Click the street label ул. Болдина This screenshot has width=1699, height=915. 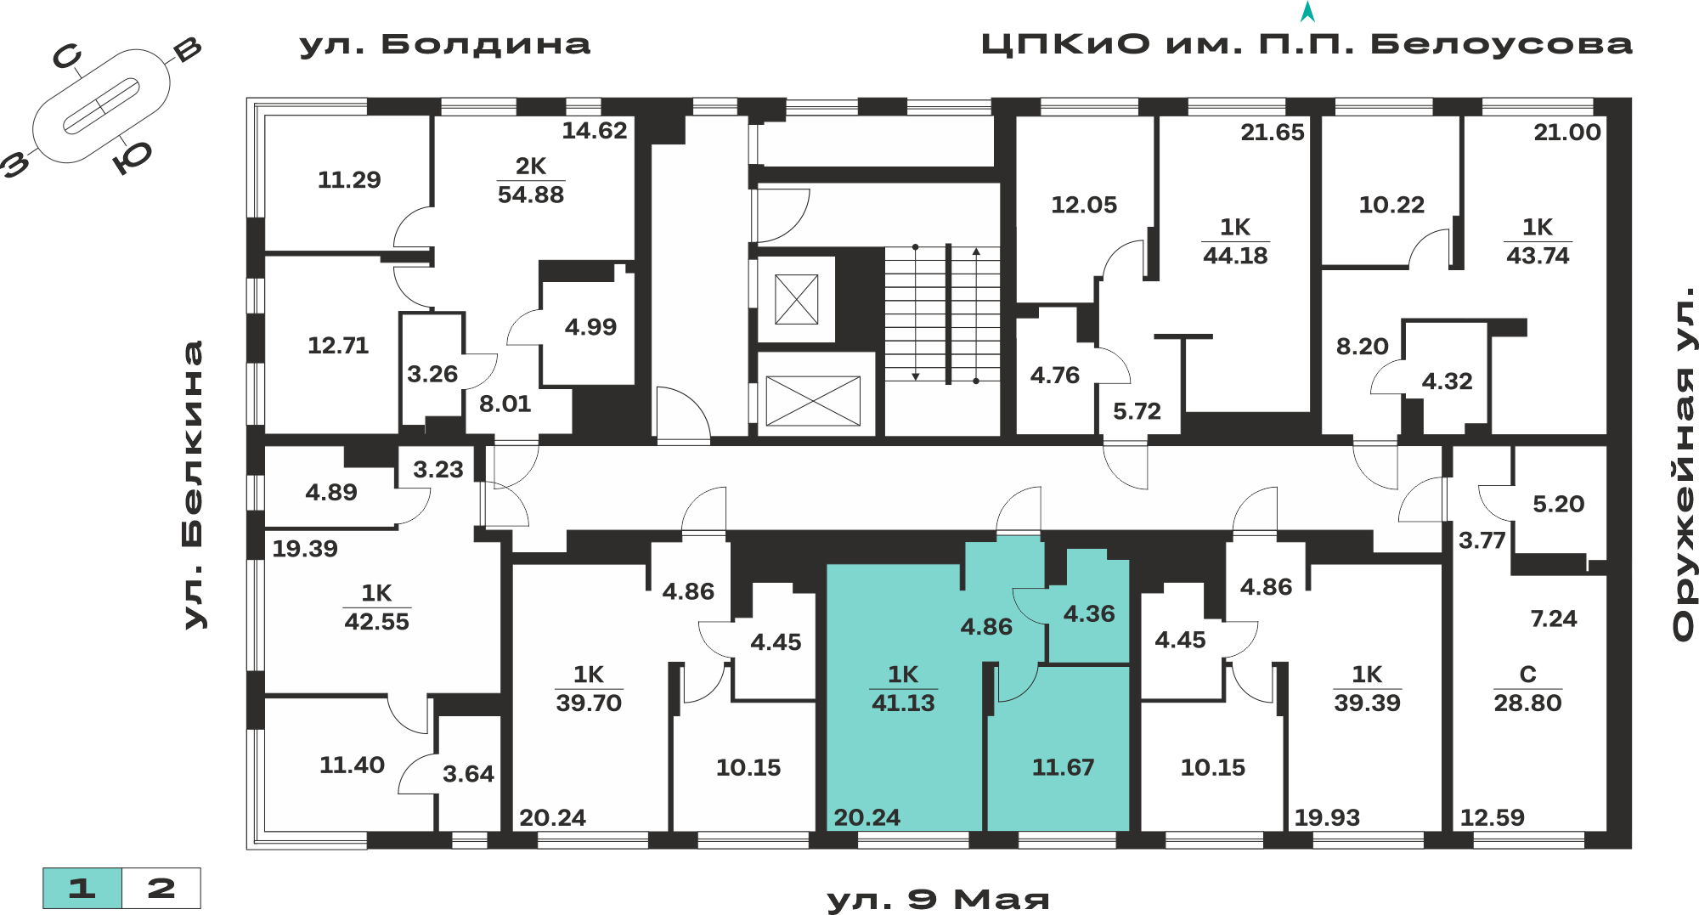pyautogui.click(x=445, y=44)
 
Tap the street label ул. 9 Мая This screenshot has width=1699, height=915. pyautogui.click(x=939, y=899)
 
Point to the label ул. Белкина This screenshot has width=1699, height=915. pyautogui.click(x=195, y=485)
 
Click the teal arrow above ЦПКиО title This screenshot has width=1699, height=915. pyautogui.click(x=1308, y=12)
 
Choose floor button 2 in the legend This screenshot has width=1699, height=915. pyautogui.click(x=161, y=889)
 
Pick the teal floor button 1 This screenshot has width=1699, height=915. pyautogui.click(x=82, y=889)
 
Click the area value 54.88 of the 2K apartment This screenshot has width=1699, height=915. pyautogui.click(x=531, y=195)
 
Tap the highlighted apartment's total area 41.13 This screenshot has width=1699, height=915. pyautogui.click(x=903, y=703)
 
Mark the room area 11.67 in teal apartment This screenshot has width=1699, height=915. pyautogui.click(x=1063, y=767)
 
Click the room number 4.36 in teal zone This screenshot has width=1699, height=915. pyautogui.click(x=1089, y=613)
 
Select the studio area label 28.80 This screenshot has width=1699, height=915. pyautogui.click(x=1527, y=703)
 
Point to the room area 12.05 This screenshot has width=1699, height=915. pyautogui.click(x=1084, y=205)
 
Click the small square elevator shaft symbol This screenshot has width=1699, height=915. pyautogui.click(x=797, y=299)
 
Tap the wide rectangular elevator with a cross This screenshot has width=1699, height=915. pyautogui.click(x=813, y=401)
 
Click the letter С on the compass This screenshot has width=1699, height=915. pyautogui.click(x=67, y=57)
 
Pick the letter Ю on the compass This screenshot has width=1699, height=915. pyautogui.click(x=133, y=157)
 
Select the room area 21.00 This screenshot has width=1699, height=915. pyautogui.click(x=1567, y=132)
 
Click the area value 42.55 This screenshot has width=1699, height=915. pyautogui.click(x=376, y=621)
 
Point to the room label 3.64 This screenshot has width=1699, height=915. pyautogui.click(x=468, y=773)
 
